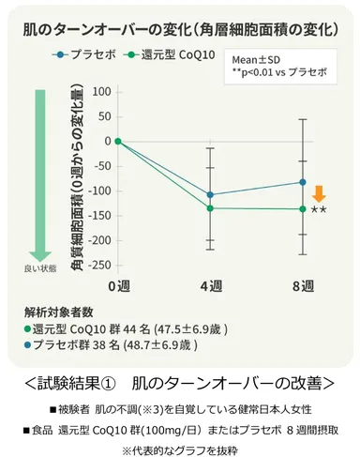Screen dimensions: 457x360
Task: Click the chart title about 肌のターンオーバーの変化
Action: [180, 29]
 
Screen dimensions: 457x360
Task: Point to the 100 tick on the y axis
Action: [98, 92]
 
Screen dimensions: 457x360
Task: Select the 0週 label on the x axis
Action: [117, 284]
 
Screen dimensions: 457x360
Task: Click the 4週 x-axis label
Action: [210, 284]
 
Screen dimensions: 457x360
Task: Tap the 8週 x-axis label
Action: [303, 284]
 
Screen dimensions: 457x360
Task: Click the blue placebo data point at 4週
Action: [210, 195]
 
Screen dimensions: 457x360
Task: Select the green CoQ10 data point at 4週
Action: [210, 208]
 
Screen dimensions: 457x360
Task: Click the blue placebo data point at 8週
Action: [303, 182]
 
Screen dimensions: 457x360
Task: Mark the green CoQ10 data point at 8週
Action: [303, 209]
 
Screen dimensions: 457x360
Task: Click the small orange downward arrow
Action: [319, 194]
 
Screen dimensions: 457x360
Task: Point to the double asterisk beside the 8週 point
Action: [320, 210]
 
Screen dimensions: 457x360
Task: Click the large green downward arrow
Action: [40, 174]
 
